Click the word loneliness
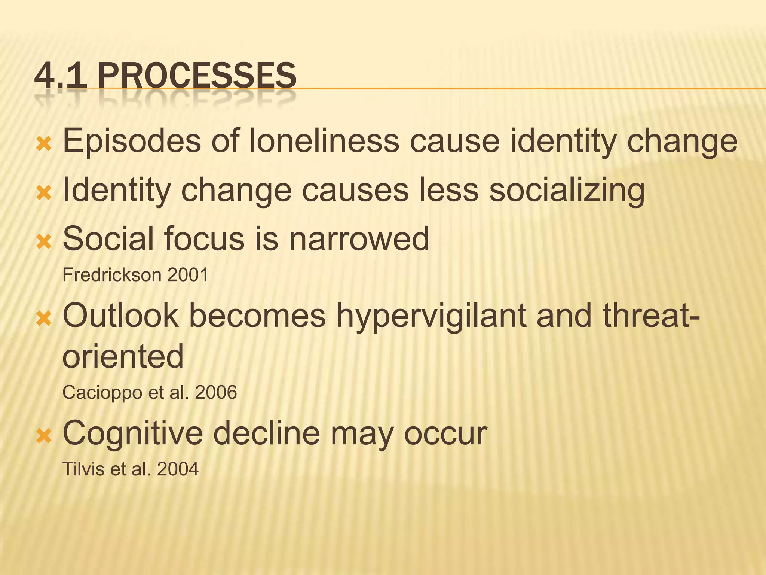click(x=324, y=141)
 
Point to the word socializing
click(x=567, y=190)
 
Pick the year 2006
click(x=216, y=393)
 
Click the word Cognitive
click(x=132, y=433)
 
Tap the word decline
click(x=266, y=433)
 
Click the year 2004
click(x=178, y=469)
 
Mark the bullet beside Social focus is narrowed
click(x=44, y=242)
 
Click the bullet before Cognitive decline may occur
click(x=44, y=436)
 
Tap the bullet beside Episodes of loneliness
click(x=44, y=144)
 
